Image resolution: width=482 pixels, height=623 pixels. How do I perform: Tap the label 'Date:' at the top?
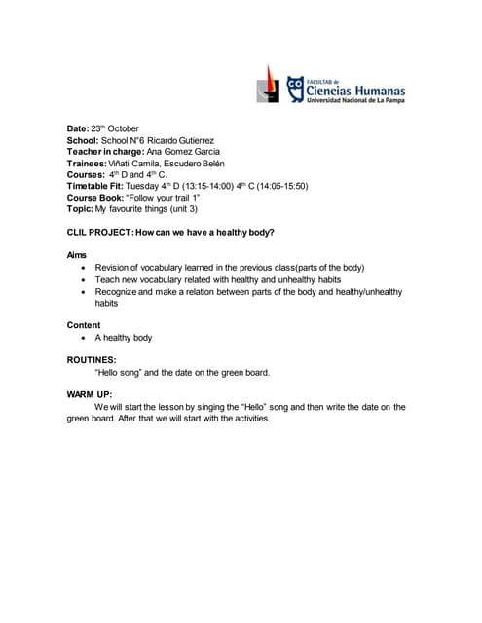click(x=78, y=128)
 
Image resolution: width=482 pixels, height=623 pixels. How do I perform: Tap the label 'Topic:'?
click(x=80, y=208)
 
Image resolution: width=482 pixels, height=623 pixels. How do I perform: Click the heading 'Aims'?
click(x=76, y=255)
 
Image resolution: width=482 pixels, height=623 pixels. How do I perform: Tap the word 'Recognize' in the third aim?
click(x=117, y=290)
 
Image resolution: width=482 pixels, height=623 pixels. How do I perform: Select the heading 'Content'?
click(x=83, y=324)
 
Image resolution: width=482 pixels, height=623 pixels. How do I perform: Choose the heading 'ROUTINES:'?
click(x=92, y=359)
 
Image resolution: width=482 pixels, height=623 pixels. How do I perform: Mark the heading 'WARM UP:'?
click(x=90, y=394)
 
